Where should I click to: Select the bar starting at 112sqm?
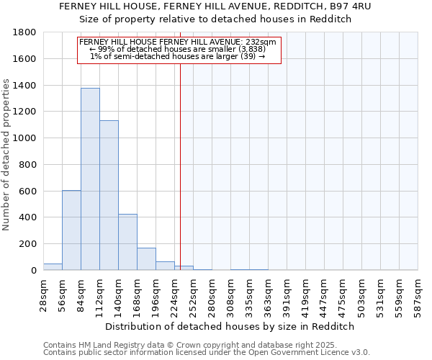109,195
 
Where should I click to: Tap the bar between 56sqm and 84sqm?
71,230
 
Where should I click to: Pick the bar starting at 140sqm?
127,242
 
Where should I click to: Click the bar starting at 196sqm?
165,266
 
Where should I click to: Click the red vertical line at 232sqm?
180,166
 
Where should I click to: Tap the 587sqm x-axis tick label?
418,295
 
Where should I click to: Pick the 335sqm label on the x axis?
249,295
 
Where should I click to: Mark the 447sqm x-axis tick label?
324,295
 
